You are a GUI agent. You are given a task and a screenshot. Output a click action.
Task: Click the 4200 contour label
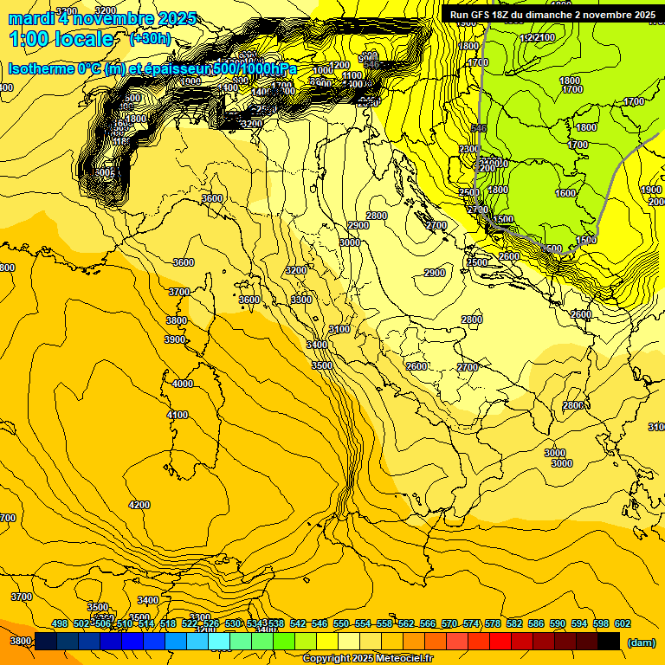coord(139,505)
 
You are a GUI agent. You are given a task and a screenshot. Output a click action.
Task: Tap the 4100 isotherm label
coord(178,416)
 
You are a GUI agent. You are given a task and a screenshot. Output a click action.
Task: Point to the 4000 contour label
coord(183,384)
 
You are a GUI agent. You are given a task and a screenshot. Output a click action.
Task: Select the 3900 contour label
coord(176,339)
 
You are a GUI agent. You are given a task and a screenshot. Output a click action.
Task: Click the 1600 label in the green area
coord(565,194)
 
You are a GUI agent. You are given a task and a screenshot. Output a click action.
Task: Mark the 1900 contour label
coord(650,190)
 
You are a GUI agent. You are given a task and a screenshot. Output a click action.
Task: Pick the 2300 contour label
coord(469,150)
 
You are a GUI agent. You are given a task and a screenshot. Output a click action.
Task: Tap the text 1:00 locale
coord(61,39)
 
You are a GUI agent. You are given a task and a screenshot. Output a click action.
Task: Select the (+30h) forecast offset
coord(151,39)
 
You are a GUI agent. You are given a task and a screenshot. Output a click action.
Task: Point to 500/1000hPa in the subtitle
coord(255,68)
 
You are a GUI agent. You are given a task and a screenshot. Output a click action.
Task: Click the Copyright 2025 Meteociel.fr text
coord(367,659)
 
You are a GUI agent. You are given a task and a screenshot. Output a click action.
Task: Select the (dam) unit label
coord(640,642)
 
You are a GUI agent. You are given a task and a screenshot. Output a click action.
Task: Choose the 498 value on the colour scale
coord(60,624)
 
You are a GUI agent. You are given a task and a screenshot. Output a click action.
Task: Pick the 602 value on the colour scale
coord(623,624)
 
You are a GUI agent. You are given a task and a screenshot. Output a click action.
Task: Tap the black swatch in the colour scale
coord(609,641)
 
